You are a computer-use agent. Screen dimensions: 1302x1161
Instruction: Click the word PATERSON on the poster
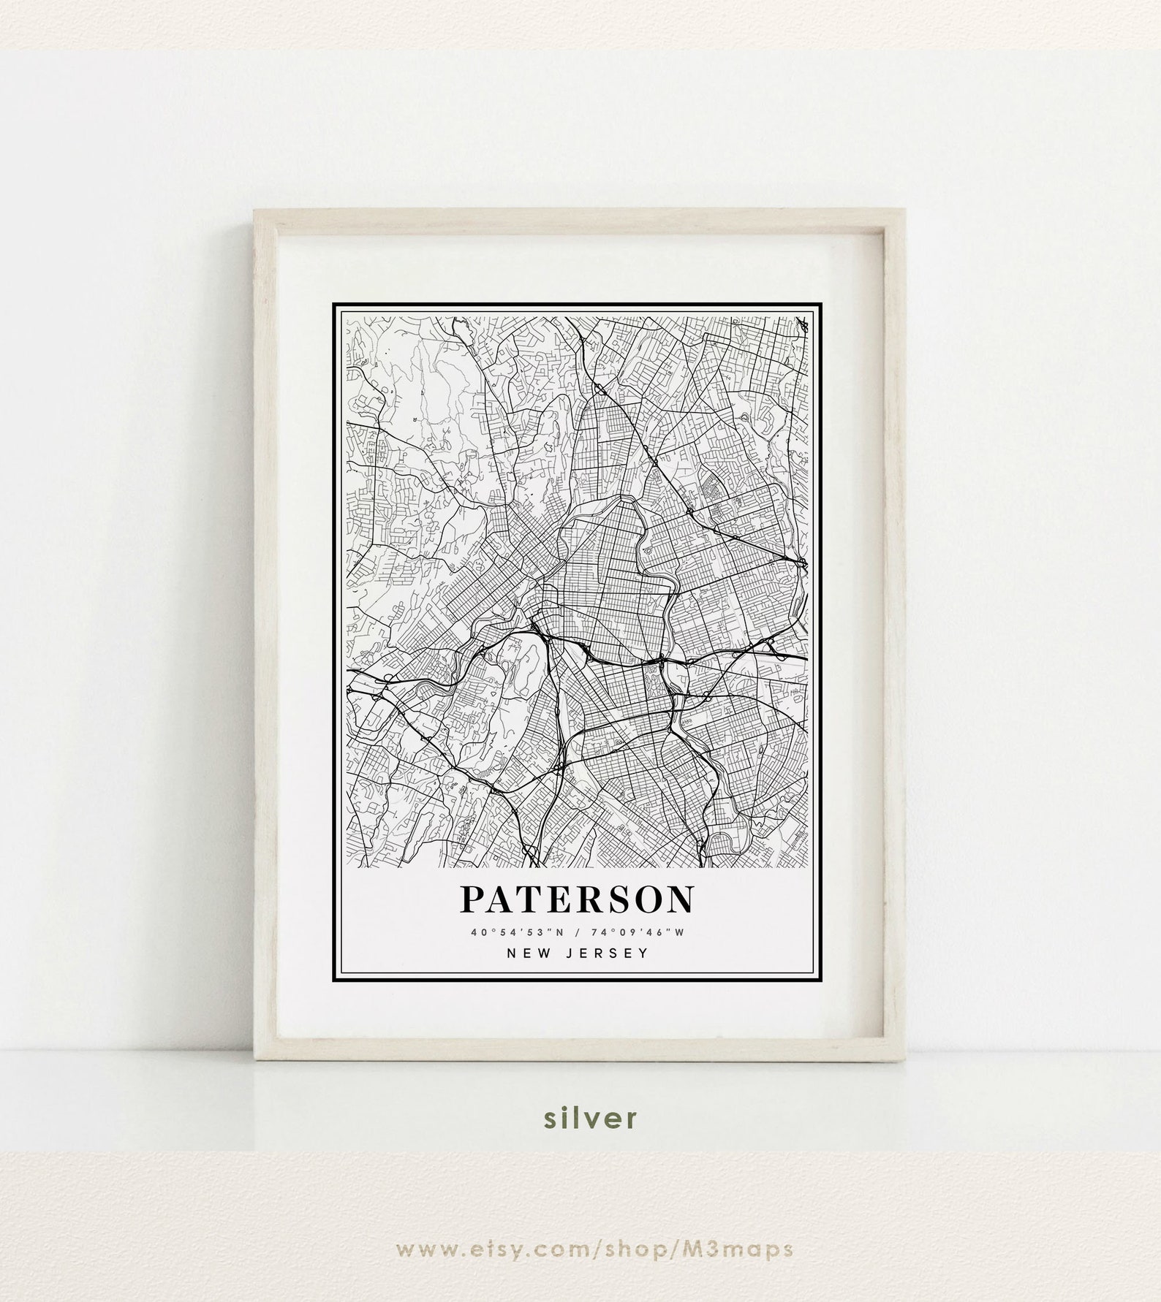pos(576,900)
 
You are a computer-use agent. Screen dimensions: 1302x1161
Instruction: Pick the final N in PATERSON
pos(679,900)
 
